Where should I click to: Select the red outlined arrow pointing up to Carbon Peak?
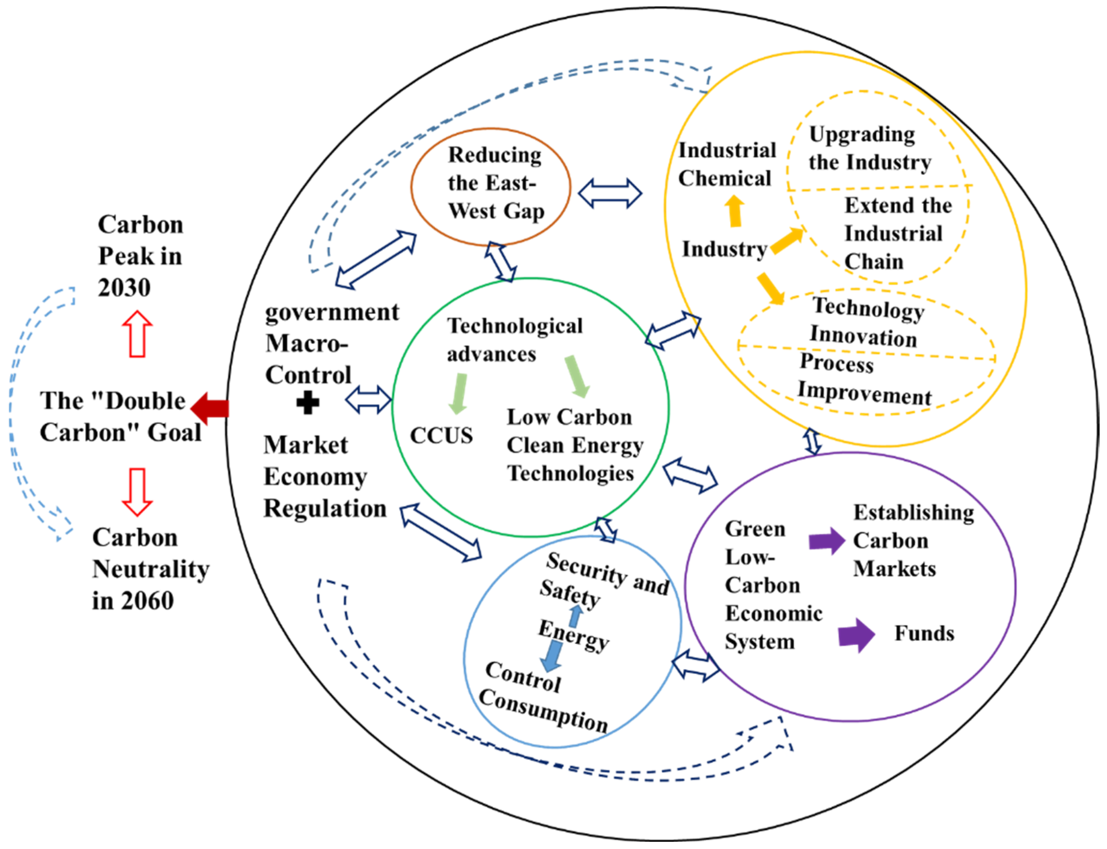(137, 335)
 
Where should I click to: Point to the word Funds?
(924, 633)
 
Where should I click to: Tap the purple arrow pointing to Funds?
(856, 635)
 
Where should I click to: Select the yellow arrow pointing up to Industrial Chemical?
(734, 211)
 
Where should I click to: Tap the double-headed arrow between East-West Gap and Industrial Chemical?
(610, 193)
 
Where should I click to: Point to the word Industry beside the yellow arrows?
(724, 249)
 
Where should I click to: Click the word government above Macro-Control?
(332, 312)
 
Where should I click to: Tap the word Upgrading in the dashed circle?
(862, 135)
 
